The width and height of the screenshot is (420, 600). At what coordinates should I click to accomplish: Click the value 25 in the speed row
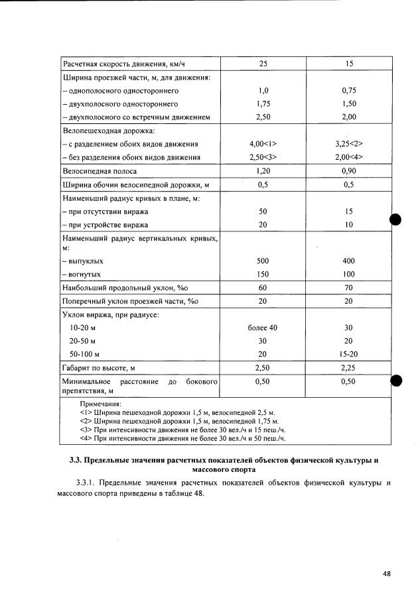pyautogui.click(x=263, y=64)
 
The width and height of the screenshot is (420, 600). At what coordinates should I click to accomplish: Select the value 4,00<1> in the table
pyautogui.click(x=263, y=144)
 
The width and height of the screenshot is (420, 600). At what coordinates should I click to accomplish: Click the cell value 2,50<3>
pyautogui.click(x=263, y=157)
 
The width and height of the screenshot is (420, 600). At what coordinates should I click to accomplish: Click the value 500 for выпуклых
pyautogui.click(x=263, y=261)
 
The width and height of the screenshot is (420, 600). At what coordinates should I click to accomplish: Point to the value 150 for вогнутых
pyautogui.click(x=263, y=274)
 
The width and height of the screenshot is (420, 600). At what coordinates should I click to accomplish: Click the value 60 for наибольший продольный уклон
pyautogui.click(x=263, y=288)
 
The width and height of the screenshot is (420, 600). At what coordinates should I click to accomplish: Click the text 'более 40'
pyautogui.click(x=263, y=328)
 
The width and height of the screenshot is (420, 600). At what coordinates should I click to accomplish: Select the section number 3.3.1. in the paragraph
pyautogui.click(x=88, y=482)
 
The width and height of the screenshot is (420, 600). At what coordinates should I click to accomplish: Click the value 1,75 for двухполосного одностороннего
pyautogui.click(x=263, y=104)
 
